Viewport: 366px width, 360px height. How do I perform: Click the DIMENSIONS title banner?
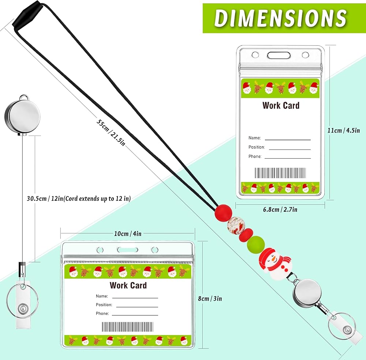pyautogui.click(x=281, y=18)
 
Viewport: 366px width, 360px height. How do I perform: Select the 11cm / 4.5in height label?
pyautogui.click(x=344, y=130)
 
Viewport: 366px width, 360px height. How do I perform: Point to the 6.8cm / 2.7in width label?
pyautogui.click(x=280, y=209)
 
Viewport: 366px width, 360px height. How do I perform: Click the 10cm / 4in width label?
pyautogui.click(x=128, y=234)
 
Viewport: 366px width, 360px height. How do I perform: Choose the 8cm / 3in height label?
pyautogui.click(x=210, y=298)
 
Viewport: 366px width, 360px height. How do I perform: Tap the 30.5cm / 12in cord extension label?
pyautogui.click(x=79, y=198)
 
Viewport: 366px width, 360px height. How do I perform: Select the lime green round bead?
pyautogui.click(x=256, y=244)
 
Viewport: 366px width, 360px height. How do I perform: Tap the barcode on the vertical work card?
pyautogui.click(x=280, y=173)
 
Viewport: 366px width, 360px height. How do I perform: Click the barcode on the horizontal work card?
pyautogui.click(x=128, y=327)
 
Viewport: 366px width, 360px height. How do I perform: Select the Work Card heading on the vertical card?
pyautogui.click(x=281, y=105)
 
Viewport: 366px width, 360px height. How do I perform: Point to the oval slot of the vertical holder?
pyautogui.click(x=279, y=55)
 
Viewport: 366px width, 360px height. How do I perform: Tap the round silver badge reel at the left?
pyautogui.click(x=22, y=116)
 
